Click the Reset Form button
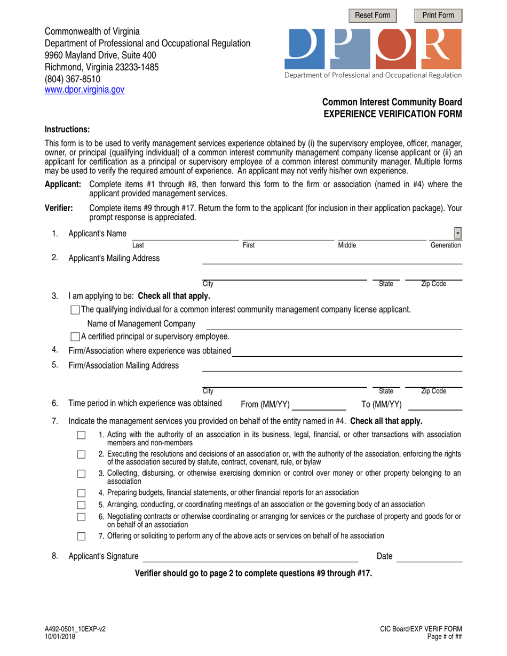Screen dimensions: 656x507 [373, 15]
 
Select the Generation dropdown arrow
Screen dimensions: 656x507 [458, 234]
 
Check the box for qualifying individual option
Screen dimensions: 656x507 [75, 310]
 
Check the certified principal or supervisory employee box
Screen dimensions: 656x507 [75, 337]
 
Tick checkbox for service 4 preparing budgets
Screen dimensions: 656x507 [81, 493]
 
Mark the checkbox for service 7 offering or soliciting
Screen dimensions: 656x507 [81, 535]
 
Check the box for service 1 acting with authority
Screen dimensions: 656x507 [81, 436]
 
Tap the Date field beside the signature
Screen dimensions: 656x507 [430, 557]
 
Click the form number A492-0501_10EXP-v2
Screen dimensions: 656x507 [75, 629]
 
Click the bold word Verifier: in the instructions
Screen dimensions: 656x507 [59, 209]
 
